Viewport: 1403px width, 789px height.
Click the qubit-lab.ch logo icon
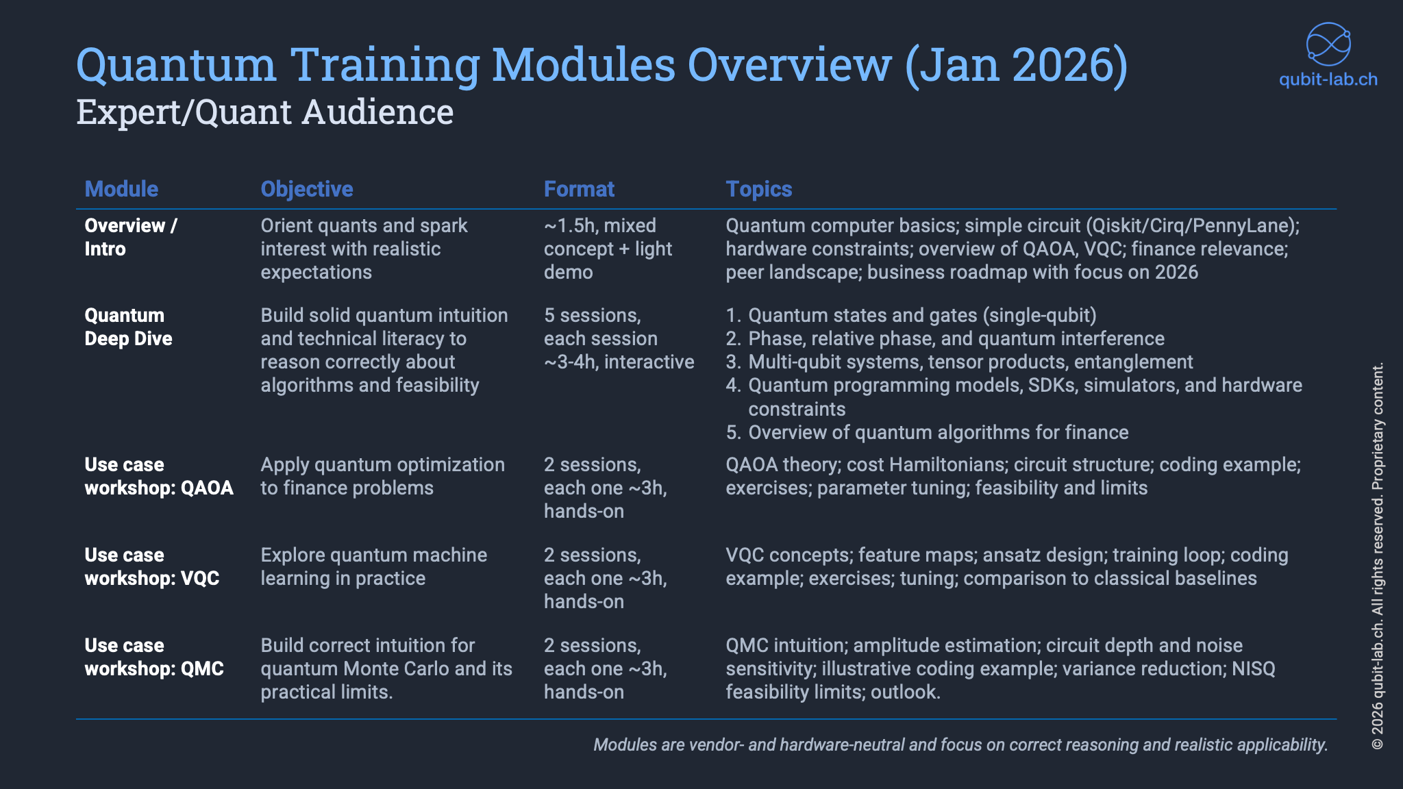click(1328, 45)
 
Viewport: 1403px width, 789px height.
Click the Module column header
click(121, 189)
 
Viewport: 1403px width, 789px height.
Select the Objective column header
click(307, 189)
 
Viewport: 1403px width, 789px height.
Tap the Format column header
click(579, 189)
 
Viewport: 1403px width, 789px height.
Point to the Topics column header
click(759, 189)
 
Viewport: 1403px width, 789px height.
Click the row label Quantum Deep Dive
click(128, 327)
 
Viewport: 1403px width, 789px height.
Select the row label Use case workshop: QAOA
click(159, 476)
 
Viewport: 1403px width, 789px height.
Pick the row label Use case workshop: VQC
click(151, 566)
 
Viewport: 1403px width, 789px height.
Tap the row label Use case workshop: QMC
click(154, 657)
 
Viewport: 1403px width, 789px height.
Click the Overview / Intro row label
click(131, 237)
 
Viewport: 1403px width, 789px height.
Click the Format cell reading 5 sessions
click(619, 338)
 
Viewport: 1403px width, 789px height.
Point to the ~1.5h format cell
click(608, 249)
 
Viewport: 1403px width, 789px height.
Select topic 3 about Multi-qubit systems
click(959, 362)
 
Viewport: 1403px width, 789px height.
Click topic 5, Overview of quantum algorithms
click(927, 432)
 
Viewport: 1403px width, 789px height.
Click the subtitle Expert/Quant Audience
click(264, 112)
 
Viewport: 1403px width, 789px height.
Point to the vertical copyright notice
click(1378, 555)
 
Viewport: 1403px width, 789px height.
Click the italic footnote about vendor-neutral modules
click(960, 744)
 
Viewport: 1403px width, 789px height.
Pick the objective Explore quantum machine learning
click(374, 566)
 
